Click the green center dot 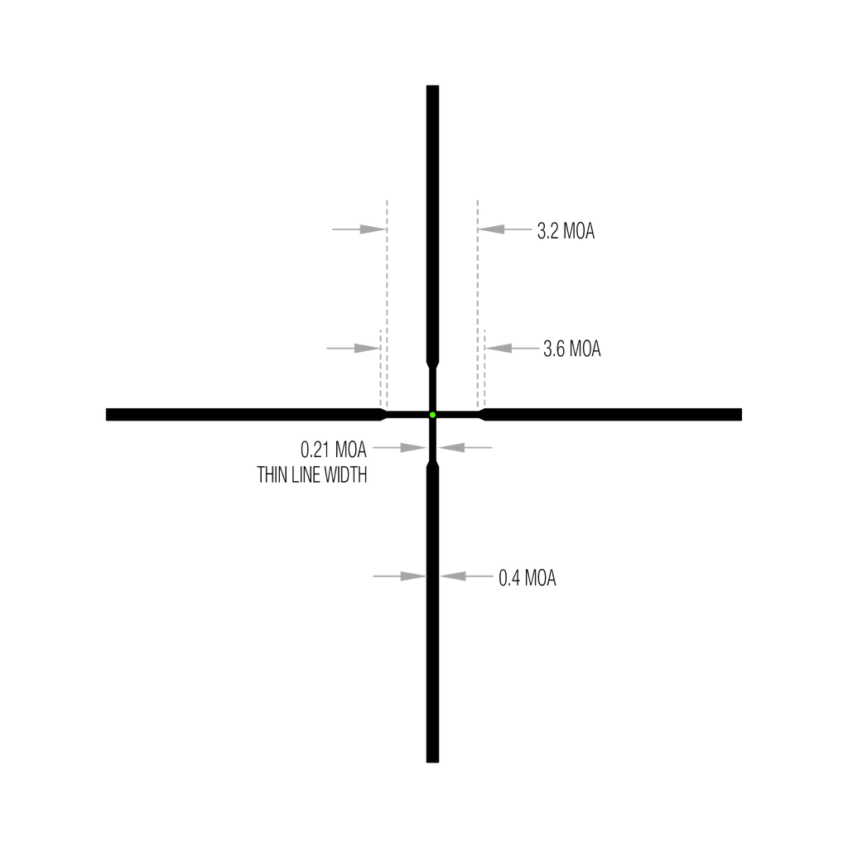point(432,415)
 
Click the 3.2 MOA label point(566,231)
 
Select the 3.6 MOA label point(571,349)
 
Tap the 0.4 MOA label point(527,578)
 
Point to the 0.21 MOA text point(333,450)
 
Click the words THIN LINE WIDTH point(312,475)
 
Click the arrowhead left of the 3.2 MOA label point(492,229)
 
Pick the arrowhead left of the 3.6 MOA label point(499,349)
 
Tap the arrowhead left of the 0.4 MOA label point(453,576)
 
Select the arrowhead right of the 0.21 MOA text point(413,448)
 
